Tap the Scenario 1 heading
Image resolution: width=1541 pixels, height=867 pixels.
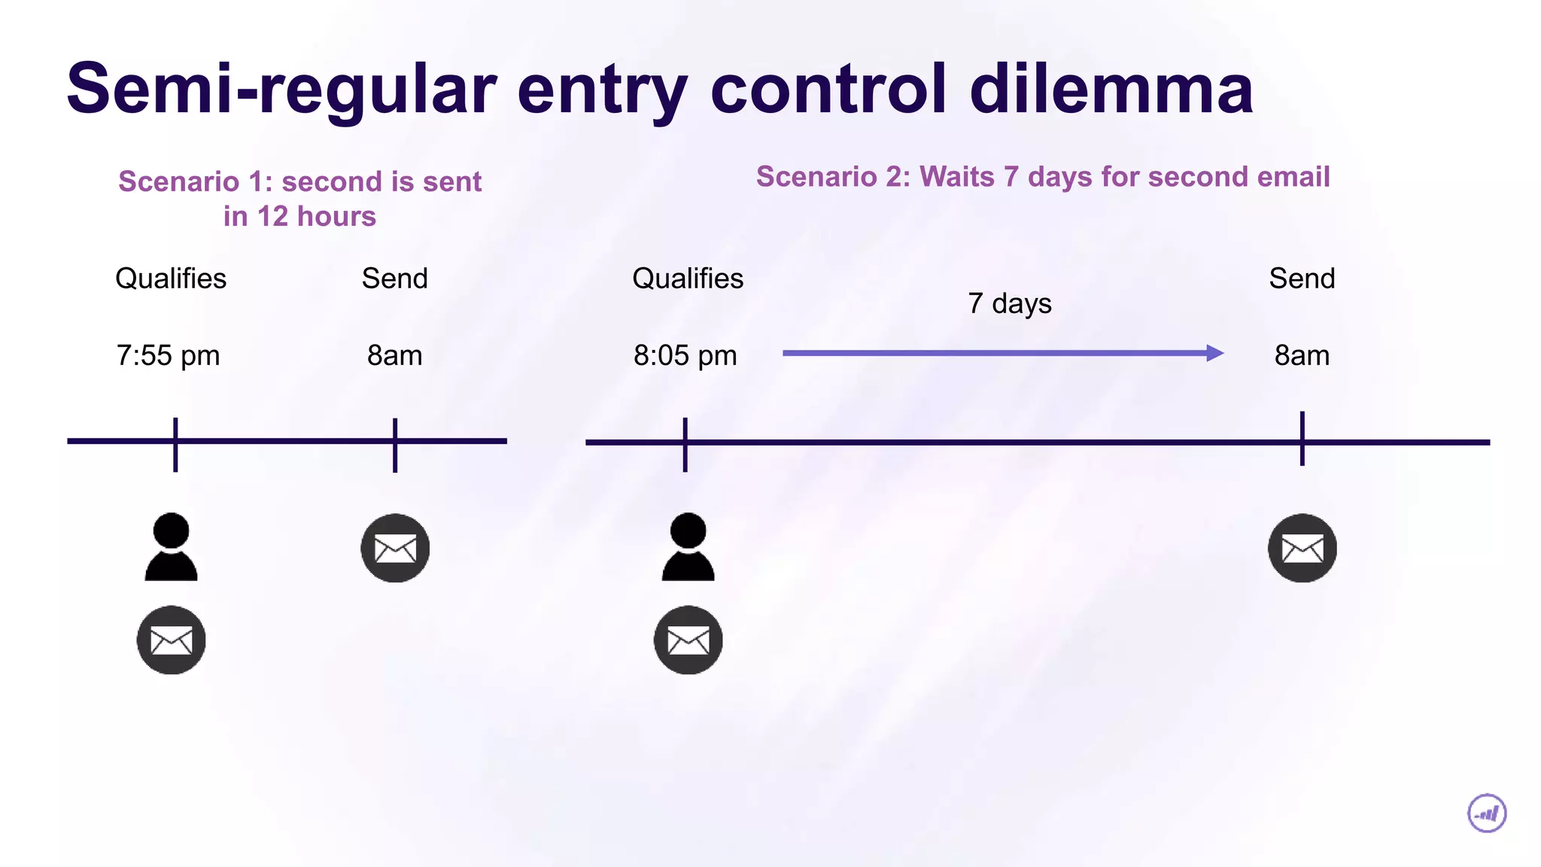(299, 199)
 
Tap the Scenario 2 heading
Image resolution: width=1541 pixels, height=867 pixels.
(1043, 177)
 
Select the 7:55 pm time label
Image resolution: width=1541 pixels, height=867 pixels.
(168, 355)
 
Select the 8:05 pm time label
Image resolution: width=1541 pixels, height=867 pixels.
(685, 355)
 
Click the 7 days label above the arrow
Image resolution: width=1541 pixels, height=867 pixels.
(1009, 303)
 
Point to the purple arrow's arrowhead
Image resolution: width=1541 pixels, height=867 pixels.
(1214, 353)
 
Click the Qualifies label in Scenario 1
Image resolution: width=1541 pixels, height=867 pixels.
(171, 278)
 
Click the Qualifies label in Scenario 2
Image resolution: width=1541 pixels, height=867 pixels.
(688, 278)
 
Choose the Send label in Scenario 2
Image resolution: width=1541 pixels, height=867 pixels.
(1302, 278)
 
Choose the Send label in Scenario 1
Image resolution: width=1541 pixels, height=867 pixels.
(394, 278)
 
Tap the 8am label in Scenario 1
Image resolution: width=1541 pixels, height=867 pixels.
(394, 355)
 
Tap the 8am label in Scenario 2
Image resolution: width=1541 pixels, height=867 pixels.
(1302, 355)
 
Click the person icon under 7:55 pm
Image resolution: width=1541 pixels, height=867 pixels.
(171, 547)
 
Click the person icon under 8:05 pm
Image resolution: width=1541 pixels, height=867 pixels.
(688, 547)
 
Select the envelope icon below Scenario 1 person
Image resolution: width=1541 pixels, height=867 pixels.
(171, 640)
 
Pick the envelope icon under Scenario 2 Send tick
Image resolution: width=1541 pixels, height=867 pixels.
(1302, 548)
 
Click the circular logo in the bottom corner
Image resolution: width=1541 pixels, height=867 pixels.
(1487, 813)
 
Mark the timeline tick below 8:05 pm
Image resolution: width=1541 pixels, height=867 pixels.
(685, 444)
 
